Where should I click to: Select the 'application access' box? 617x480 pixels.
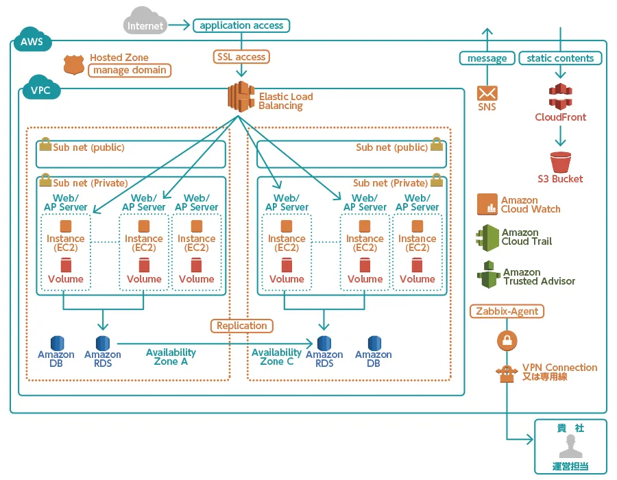pyautogui.click(x=241, y=25)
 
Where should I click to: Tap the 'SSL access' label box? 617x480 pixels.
pyautogui.click(x=241, y=57)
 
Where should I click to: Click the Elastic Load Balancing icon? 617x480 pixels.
pyautogui.click(x=241, y=97)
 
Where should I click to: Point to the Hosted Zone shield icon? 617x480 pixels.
pyautogui.click(x=73, y=65)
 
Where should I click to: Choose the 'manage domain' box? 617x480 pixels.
pyautogui.click(x=130, y=70)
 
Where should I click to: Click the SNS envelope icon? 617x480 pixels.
pyautogui.click(x=487, y=94)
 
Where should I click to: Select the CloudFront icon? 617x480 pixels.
pyautogui.click(x=560, y=97)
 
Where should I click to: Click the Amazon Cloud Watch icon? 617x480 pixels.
pyautogui.click(x=487, y=204)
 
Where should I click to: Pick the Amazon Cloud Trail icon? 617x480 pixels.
pyautogui.click(x=487, y=238)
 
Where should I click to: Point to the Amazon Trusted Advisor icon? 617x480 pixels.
pyautogui.click(x=489, y=274)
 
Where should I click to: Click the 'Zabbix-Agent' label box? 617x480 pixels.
pyautogui.click(x=507, y=311)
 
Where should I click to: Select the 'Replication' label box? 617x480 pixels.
pyautogui.click(x=241, y=326)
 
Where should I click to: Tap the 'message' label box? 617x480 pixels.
pyautogui.click(x=487, y=58)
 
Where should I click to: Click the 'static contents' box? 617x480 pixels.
pyautogui.click(x=560, y=58)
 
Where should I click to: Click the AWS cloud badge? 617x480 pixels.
pyautogui.click(x=32, y=40)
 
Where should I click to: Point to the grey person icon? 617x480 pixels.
pyautogui.click(x=570, y=446)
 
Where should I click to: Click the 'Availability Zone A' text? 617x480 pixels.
pyautogui.click(x=171, y=357)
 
